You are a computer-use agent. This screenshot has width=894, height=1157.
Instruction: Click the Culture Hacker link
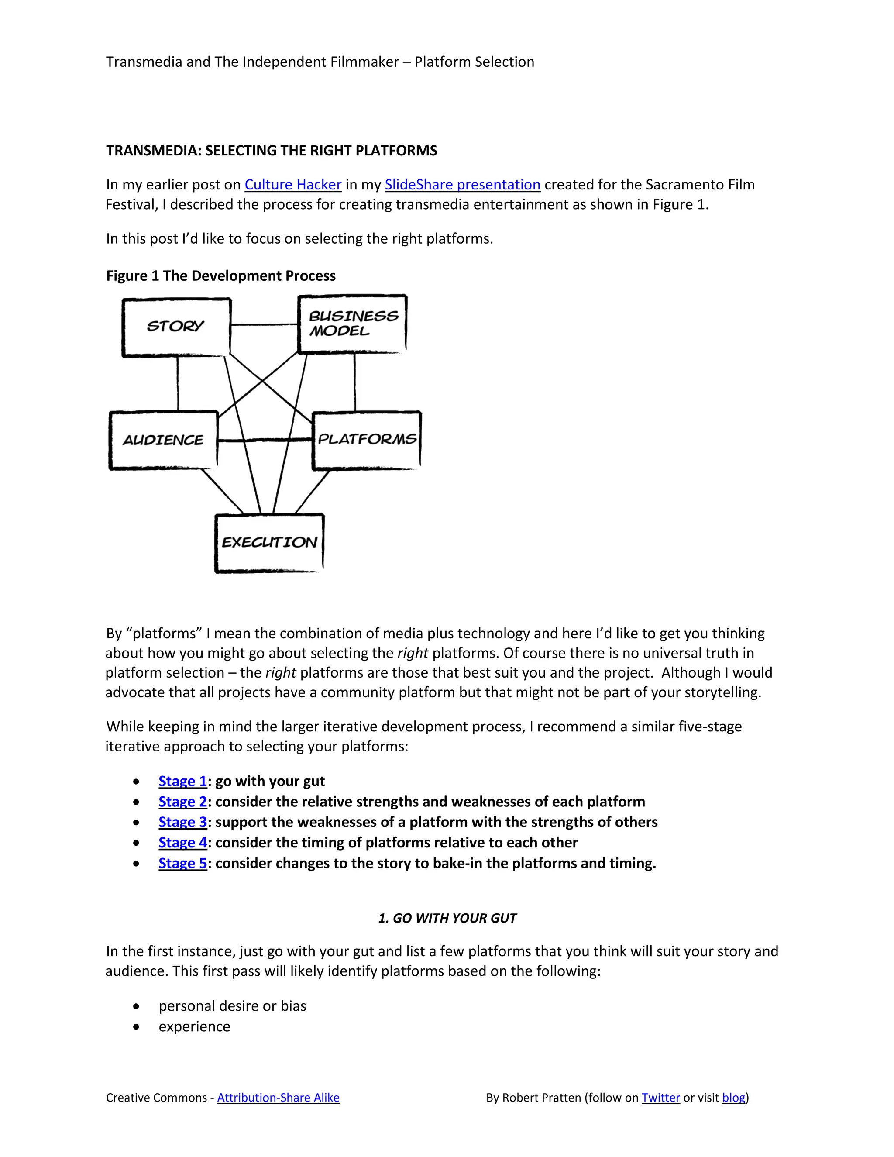point(292,184)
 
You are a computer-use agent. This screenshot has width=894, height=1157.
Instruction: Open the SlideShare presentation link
point(462,184)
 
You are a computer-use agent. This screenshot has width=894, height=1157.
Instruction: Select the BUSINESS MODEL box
point(353,323)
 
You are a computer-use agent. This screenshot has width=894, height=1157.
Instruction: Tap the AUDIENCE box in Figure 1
point(163,440)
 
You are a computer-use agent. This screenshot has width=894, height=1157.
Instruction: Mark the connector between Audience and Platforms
point(265,440)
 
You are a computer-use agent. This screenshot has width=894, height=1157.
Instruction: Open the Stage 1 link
point(182,782)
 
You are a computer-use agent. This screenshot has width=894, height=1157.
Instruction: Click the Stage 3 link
point(182,822)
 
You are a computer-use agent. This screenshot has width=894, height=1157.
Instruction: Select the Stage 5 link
point(182,864)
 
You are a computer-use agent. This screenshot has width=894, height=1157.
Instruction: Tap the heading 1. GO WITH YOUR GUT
point(447,918)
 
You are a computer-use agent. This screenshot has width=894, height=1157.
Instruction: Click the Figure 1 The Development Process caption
point(221,276)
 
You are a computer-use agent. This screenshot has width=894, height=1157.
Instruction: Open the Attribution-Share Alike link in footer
point(278,1098)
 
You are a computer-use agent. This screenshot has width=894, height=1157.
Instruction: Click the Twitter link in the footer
point(660,1098)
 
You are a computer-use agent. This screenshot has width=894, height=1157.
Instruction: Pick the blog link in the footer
point(733,1098)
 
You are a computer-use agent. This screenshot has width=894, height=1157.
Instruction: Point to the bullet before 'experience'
point(137,1027)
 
